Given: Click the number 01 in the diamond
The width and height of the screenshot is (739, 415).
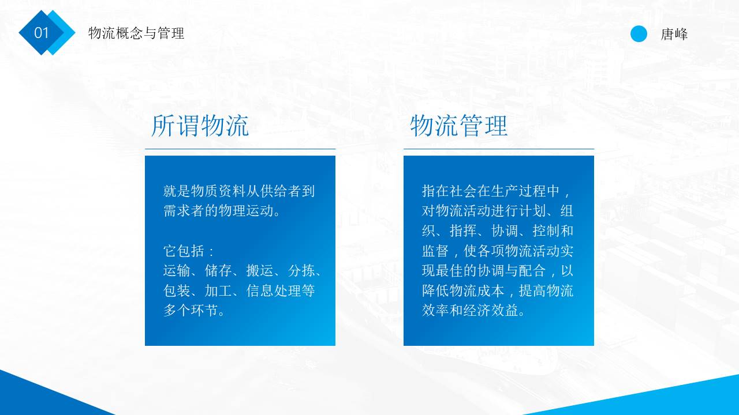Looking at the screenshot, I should point(42,33).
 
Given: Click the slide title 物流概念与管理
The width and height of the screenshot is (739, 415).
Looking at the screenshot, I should point(136,33).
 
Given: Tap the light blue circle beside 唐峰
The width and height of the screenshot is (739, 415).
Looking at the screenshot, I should point(639,34).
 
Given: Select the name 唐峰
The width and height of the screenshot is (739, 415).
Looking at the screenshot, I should point(674,35).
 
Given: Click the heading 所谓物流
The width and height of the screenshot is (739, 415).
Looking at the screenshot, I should point(200,126).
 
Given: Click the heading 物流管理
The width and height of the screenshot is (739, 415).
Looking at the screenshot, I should point(459,126).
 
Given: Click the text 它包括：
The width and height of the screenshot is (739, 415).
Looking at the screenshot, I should point(189,251).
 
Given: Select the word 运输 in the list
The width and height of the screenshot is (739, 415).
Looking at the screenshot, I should point(177,271).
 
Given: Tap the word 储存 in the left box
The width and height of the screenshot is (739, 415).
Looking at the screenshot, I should point(218,271).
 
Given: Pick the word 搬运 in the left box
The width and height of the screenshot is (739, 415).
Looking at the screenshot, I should point(260,271).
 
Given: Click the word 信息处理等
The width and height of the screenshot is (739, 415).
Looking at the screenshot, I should point(281,291).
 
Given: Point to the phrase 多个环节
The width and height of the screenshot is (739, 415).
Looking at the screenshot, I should point(191,311).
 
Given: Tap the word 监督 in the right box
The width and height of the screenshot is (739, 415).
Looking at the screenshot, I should point(435,251).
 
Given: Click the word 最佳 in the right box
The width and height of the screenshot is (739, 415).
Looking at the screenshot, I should point(463,271).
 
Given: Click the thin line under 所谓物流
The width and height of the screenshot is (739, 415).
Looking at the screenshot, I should point(240,149).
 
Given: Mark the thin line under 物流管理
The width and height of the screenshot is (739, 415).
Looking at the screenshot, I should point(499,149).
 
